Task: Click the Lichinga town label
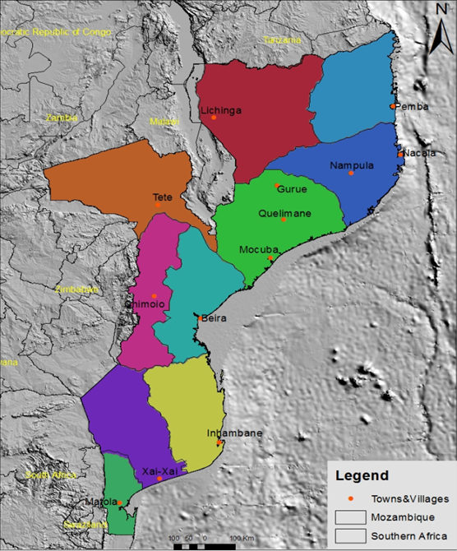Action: point(220,110)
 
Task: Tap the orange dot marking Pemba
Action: point(393,106)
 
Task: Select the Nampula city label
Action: point(352,165)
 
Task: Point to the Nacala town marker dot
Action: point(399,154)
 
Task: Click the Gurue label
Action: point(292,189)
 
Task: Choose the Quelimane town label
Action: point(284,212)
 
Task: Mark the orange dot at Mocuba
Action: point(270,258)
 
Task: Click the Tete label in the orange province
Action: point(163,197)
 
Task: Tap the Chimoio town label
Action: point(145,304)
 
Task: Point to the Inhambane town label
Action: point(223,433)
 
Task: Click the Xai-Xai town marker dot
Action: point(159,478)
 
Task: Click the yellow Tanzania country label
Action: point(282,39)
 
